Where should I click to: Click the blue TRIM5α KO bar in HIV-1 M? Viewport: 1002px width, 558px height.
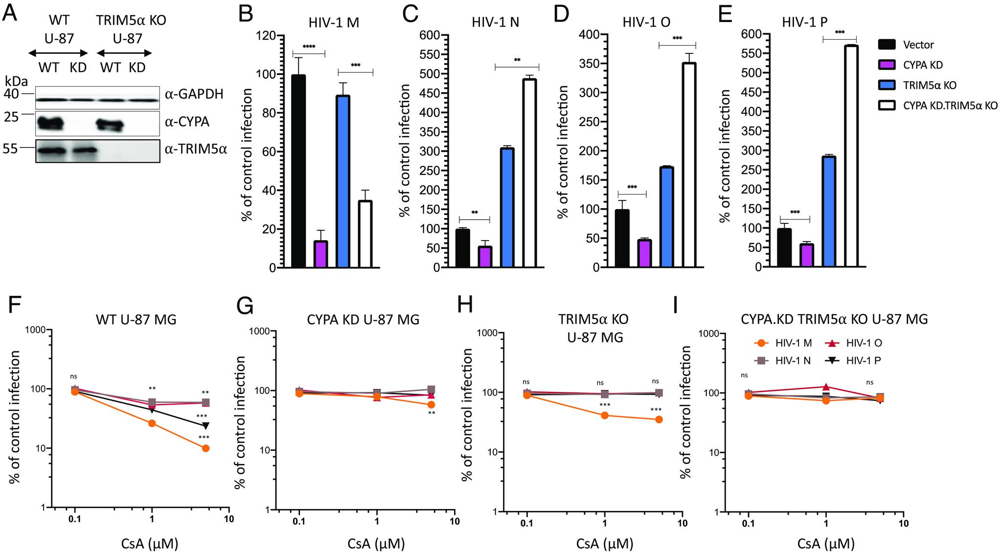pyautogui.click(x=343, y=181)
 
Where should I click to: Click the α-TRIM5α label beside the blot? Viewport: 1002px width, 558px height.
pyautogui.click(x=196, y=148)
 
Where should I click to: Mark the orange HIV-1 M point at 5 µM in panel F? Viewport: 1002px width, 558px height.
pyautogui.click(x=205, y=448)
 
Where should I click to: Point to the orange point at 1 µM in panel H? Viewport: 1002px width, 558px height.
pyautogui.click(x=605, y=415)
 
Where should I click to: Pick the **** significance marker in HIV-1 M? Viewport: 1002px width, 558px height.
pyautogui.click(x=309, y=47)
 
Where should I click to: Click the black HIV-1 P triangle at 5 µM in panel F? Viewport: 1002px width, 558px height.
pyautogui.click(x=205, y=425)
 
